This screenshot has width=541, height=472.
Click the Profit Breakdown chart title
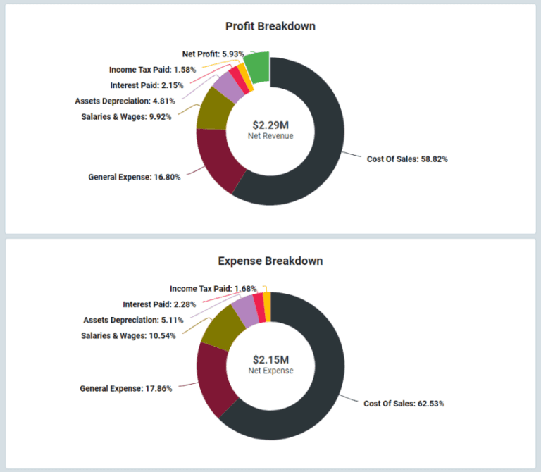pos(270,27)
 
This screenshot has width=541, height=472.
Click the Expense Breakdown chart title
pos(270,261)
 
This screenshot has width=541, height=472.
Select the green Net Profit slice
pos(259,68)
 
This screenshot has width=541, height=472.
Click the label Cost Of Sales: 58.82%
pos(407,159)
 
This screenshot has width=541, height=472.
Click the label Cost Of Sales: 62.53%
pos(404,404)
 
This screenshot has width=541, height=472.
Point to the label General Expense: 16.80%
pos(134,178)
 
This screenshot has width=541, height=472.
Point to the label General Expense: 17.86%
pos(126,388)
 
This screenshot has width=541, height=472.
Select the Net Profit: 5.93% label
pos(213,54)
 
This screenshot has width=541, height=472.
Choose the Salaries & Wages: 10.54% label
pos(128,335)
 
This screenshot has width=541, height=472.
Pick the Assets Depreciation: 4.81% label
pos(125,101)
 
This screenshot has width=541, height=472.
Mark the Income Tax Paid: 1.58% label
pos(152,70)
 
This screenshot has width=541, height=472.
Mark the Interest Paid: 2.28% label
pos(159,304)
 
